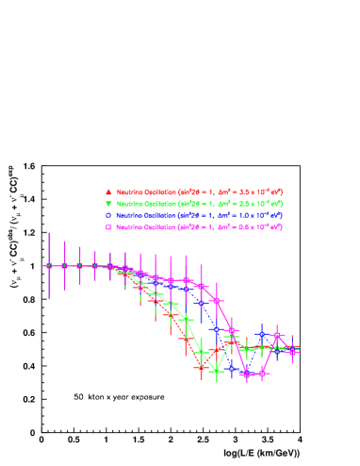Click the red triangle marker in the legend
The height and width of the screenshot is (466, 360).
point(108,191)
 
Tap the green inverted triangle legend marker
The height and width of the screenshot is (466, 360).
point(108,204)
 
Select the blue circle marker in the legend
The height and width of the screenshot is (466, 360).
point(108,215)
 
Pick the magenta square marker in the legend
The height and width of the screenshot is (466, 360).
point(108,227)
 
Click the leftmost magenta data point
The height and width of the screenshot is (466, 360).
point(49,266)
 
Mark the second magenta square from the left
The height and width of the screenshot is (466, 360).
point(64,266)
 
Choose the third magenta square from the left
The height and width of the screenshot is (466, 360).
point(79,266)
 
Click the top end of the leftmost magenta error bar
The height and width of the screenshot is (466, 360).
point(49,233)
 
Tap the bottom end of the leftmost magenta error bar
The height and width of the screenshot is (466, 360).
point(49,298)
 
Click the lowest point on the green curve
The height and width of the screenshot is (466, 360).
point(217,372)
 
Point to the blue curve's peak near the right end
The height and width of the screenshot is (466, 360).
point(262,334)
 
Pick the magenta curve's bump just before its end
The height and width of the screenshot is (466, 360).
point(277,335)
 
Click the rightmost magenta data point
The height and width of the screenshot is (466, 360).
point(292,352)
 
